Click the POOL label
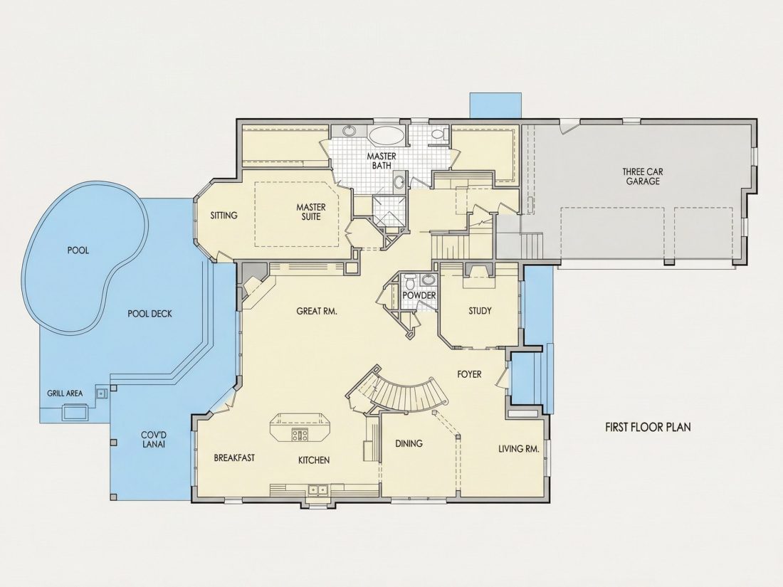[78, 250]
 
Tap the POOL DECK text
[149, 314]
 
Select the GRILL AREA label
[65, 393]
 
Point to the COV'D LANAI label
[153, 439]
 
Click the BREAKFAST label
[234, 458]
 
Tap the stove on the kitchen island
[300, 435]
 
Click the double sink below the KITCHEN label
[317, 490]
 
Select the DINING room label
[409, 443]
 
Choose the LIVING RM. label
[519, 449]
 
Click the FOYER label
[469, 374]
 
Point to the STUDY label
[480, 311]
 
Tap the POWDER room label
[419, 296]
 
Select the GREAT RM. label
[317, 311]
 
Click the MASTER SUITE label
[311, 211]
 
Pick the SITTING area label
[224, 216]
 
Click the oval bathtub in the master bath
[387, 134]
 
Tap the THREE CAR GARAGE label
[643, 176]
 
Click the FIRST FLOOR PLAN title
[648, 428]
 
